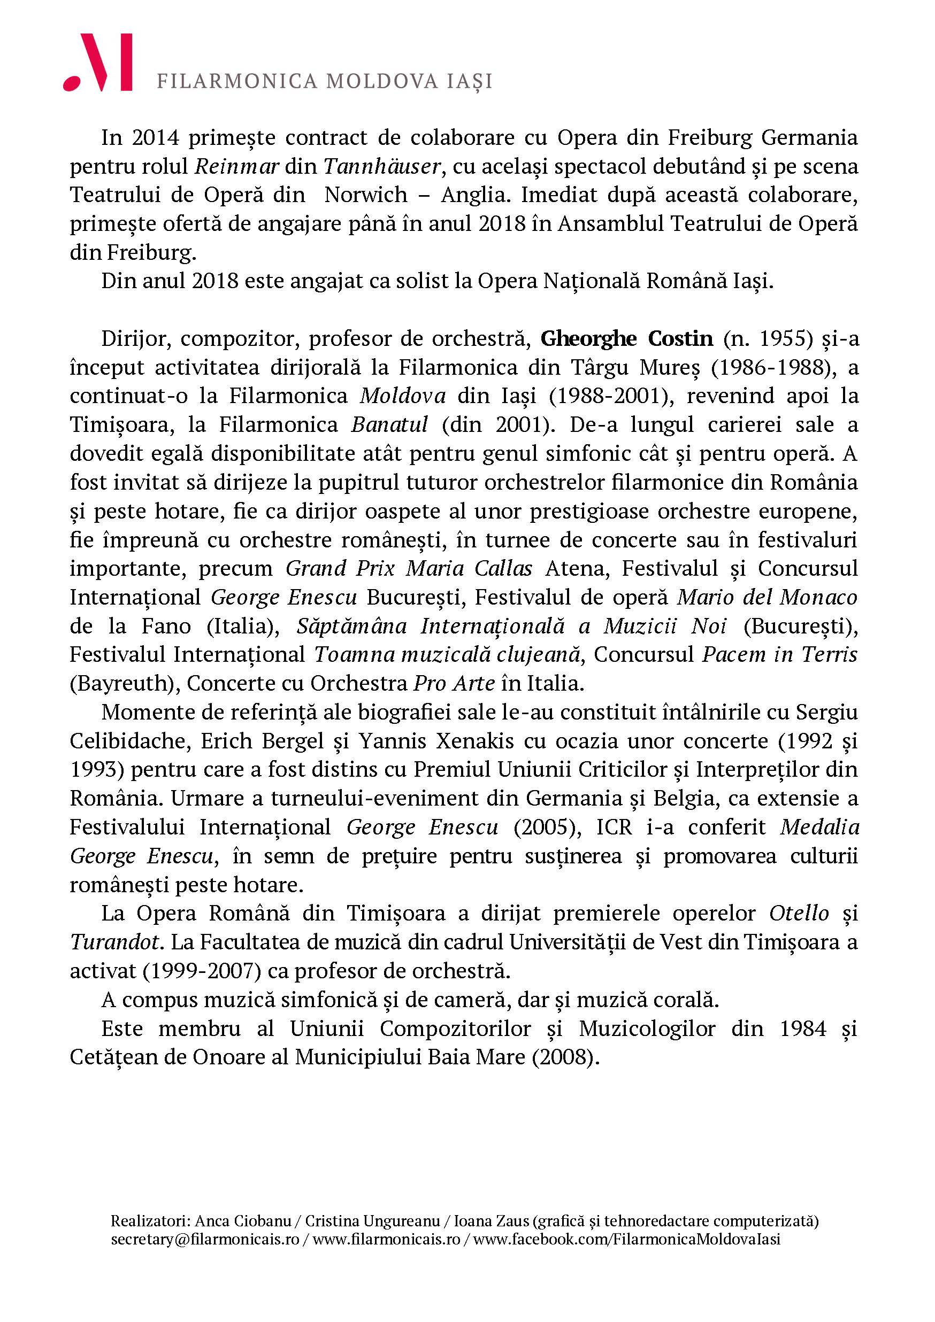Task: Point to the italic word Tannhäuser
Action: point(382,167)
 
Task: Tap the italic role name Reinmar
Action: point(237,167)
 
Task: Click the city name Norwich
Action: point(366,195)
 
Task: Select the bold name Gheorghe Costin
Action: point(626,338)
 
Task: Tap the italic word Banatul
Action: point(389,425)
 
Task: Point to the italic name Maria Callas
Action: point(469,568)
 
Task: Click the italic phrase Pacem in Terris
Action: point(779,655)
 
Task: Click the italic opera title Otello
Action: point(799,913)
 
